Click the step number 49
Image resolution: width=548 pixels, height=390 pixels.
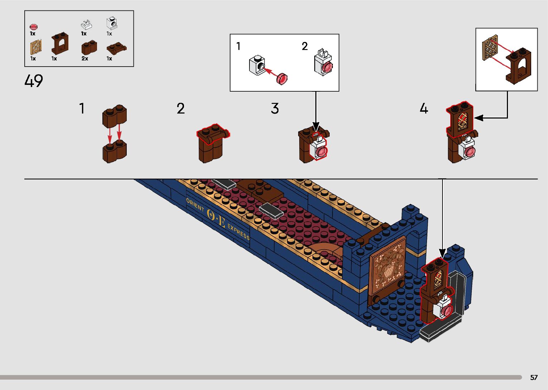[34, 81]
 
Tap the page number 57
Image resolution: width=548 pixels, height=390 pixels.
[534, 377]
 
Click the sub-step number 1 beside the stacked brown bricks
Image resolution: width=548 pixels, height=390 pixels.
[82, 108]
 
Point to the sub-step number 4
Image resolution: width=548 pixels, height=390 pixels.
[424, 108]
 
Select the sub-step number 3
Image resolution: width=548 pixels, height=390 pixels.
[275, 108]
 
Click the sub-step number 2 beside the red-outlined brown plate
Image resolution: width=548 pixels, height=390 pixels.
[181, 108]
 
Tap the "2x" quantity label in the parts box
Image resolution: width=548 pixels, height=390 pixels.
[84, 58]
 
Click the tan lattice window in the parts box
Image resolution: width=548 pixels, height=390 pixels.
[36, 47]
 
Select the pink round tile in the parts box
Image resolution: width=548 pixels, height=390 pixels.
[33, 27]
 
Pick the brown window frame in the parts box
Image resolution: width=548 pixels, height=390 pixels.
[60, 44]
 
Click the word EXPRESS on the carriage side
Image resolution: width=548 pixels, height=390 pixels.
[238, 232]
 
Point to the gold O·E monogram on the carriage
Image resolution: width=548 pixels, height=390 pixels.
[216, 218]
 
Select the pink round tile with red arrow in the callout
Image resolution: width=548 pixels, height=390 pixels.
[282, 78]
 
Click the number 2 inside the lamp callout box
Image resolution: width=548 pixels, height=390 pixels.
[305, 46]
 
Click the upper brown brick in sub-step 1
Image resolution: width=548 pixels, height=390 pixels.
[115, 116]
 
